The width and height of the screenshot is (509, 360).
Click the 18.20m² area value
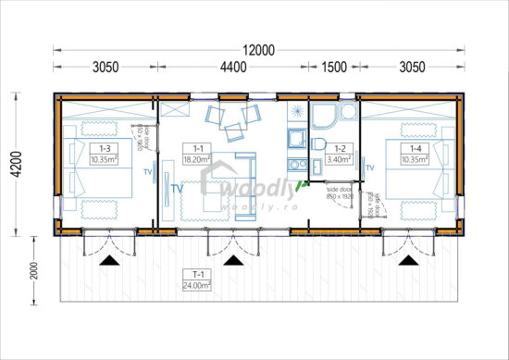(196, 158)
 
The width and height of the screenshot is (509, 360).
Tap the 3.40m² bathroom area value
(339, 158)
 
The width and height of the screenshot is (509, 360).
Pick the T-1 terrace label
(196, 275)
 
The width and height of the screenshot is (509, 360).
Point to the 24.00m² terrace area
(196, 285)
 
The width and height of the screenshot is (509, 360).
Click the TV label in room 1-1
(177, 188)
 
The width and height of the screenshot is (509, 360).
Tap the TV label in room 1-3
(147, 171)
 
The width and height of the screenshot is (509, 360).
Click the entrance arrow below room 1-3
(109, 262)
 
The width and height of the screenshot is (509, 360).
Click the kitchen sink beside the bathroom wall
(295, 139)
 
